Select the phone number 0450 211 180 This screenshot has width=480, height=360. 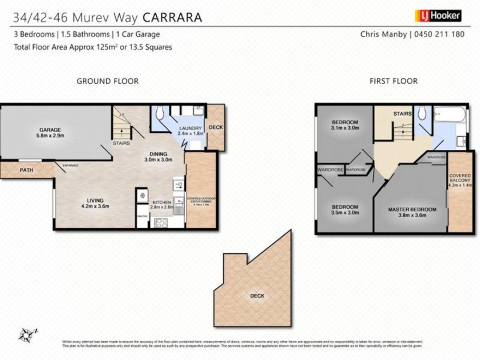pos(439,34)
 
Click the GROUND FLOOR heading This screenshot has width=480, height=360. pos(107,81)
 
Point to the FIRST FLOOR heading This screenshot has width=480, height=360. pos(394,81)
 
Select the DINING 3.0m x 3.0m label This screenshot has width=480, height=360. pos(158,157)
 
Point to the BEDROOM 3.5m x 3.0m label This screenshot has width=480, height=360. pos(344,209)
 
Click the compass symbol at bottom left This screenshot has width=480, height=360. pos(28,334)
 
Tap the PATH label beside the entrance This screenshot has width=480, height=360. pos(26,170)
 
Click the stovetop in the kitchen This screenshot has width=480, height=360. pos(161,223)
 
